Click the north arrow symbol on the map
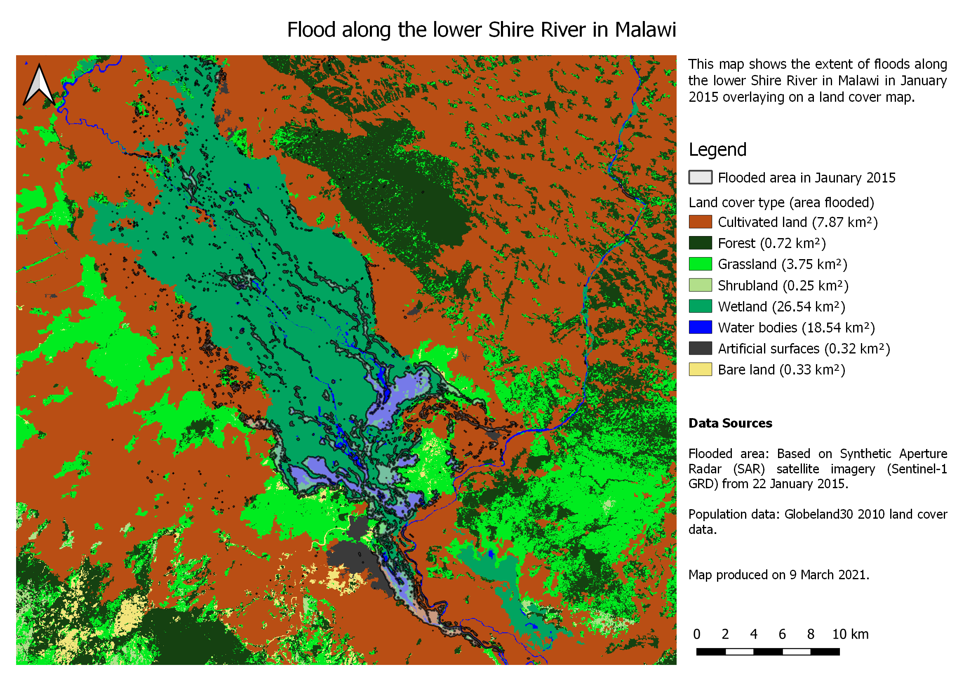[x=39, y=85]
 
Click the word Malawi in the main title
[x=645, y=30]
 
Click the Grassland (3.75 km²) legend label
[x=782, y=264]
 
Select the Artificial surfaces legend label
[x=804, y=349]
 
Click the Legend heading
[x=717, y=150]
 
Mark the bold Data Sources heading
[x=730, y=423]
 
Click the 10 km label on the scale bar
[x=850, y=634]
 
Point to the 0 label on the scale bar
[x=696, y=634]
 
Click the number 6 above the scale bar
[x=782, y=634]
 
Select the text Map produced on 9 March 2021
[x=778, y=574]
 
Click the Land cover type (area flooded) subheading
[x=781, y=203]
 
